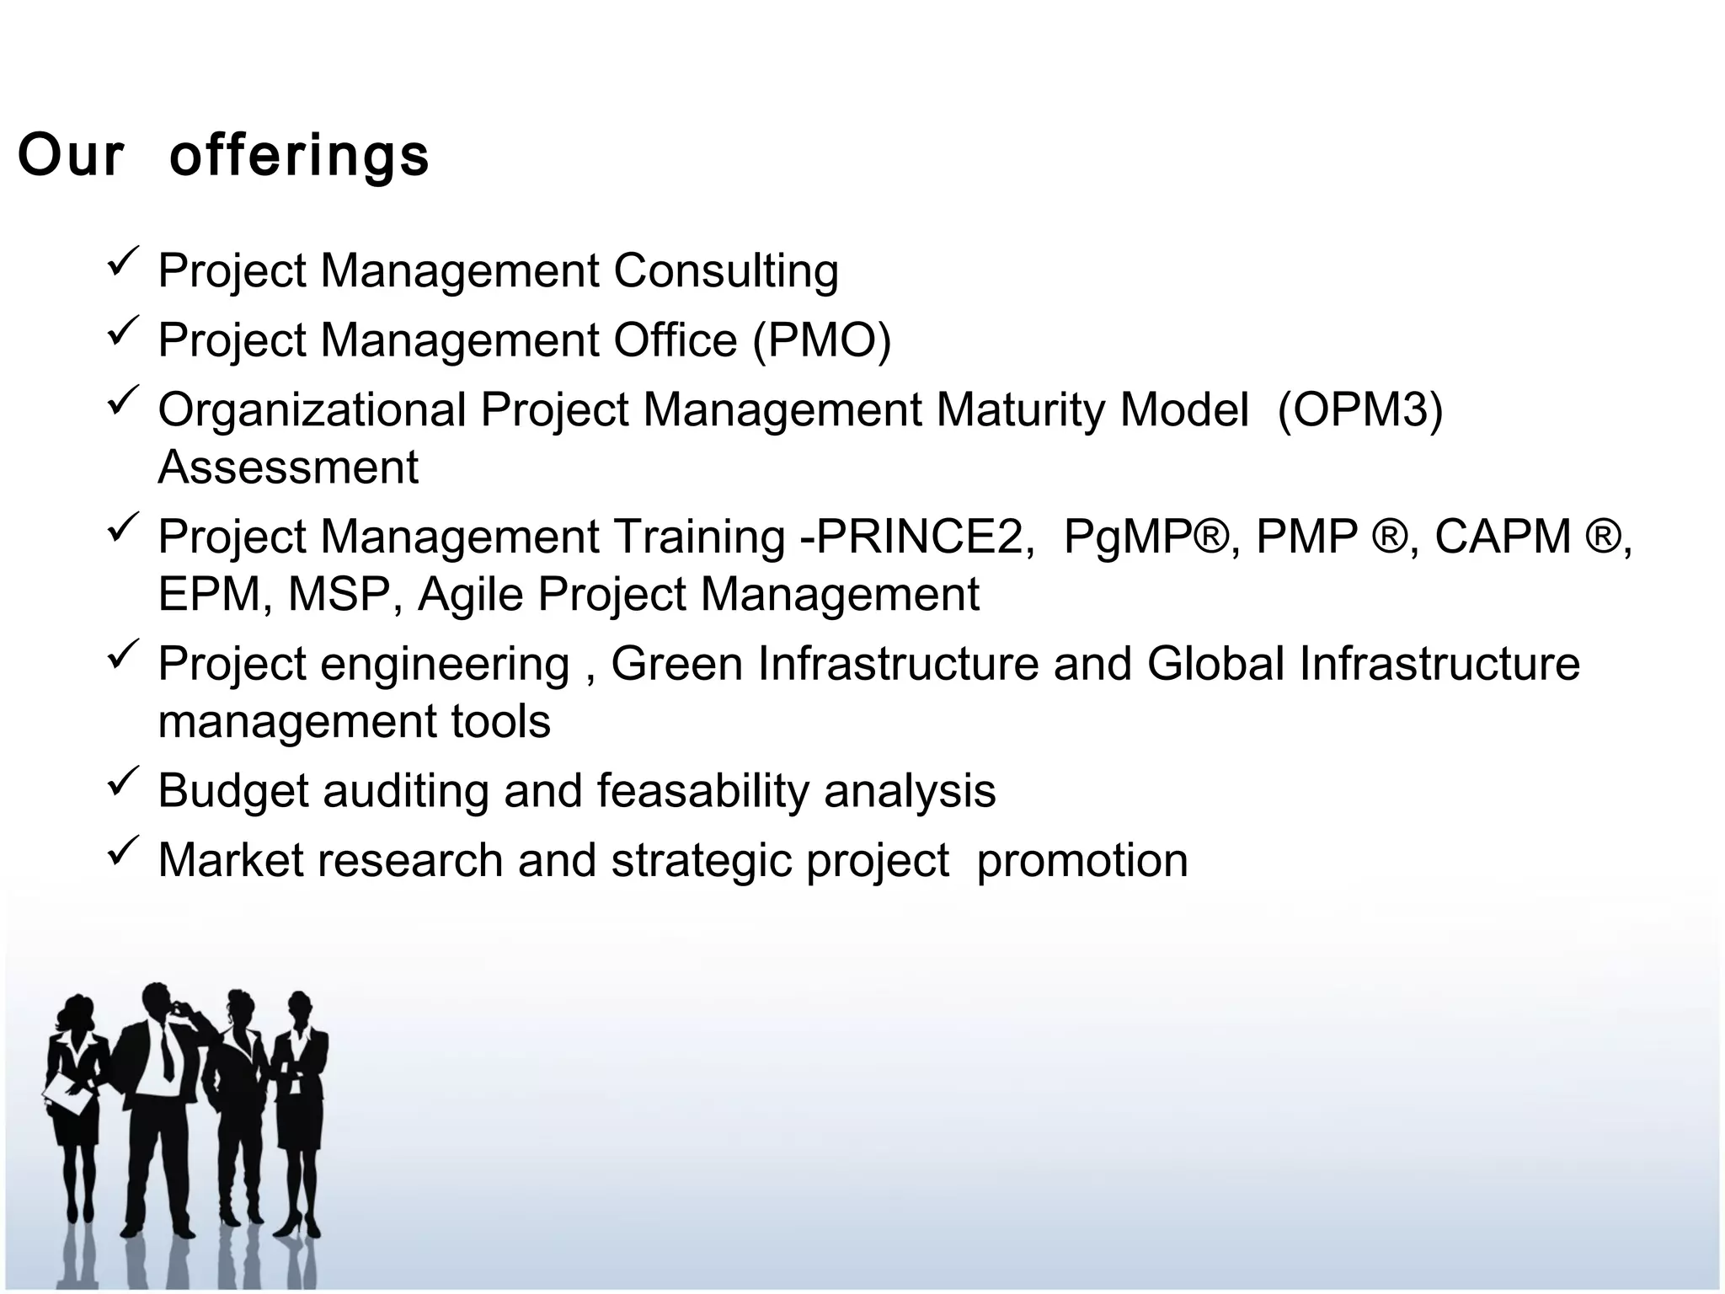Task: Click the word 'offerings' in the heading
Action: [x=299, y=157]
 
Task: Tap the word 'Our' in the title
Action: [x=71, y=157]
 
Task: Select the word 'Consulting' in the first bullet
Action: [x=725, y=271]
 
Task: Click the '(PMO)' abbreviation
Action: [x=821, y=340]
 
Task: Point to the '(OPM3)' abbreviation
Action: [x=1359, y=409]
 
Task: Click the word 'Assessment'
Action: [x=288, y=468]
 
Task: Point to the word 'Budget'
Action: [x=233, y=791]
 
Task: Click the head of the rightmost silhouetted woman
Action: [x=299, y=1008]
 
